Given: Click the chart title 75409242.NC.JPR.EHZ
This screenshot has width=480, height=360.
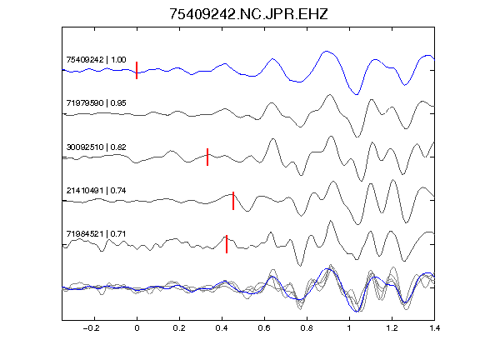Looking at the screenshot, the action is [248, 14].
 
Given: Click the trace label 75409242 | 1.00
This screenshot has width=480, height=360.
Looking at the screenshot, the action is [96, 59].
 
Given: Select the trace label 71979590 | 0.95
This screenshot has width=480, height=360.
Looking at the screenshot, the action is [96, 102].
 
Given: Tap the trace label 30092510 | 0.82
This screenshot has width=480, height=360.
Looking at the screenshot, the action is [96, 147].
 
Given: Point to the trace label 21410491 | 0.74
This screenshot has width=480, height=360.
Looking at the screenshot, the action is [96, 190].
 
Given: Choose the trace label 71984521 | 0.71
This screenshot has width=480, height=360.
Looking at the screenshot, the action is [96, 234].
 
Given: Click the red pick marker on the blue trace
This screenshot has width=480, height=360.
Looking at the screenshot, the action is [137, 70].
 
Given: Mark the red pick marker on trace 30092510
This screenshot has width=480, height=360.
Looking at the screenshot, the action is [207, 157].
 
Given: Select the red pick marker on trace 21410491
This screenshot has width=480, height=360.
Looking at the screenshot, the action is [233, 201].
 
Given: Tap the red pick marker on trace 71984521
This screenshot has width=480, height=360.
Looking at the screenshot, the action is [227, 244].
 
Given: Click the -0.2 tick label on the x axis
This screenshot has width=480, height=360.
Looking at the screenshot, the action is [91, 328].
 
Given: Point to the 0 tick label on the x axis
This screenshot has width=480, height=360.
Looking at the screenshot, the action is [137, 328].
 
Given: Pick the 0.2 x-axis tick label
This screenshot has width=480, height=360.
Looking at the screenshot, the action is [179, 328].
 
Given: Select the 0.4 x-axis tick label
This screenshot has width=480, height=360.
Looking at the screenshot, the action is [222, 328].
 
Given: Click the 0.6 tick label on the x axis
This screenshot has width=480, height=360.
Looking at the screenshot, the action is [264, 328].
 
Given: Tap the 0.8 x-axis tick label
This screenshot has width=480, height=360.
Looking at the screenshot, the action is [307, 328].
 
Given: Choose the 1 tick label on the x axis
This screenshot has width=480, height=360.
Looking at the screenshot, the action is [349, 328].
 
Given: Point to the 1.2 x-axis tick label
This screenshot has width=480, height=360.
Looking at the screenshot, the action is [392, 328].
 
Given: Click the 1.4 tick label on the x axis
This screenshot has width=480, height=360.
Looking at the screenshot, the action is [434, 328].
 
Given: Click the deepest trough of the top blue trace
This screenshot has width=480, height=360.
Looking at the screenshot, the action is [357, 95].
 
